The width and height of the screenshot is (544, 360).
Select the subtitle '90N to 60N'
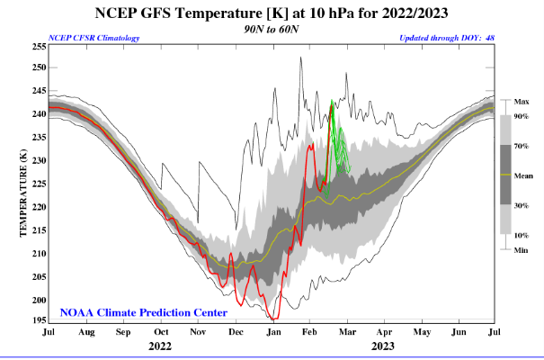pyautogui.click(x=271, y=29)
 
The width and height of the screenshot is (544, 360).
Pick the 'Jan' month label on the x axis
pyautogui.click(x=272, y=333)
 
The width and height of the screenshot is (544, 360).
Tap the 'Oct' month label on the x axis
pyautogui.click(x=160, y=333)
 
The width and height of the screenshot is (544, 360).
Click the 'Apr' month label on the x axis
pyautogui.click(x=383, y=333)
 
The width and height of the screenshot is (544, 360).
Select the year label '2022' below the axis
pyautogui.click(x=160, y=346)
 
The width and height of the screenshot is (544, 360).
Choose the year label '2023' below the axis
pyautogui.click(x=383, y=346)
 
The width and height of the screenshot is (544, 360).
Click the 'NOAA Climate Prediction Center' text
pyautogui.click(x=144, y=312)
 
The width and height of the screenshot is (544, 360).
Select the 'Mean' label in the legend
pyautogui.click(x=522, y=175)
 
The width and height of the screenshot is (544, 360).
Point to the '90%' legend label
pyautogui.click(x=521, y=117)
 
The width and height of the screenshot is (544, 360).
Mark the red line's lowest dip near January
pyautogui.click(x=273, y=319)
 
